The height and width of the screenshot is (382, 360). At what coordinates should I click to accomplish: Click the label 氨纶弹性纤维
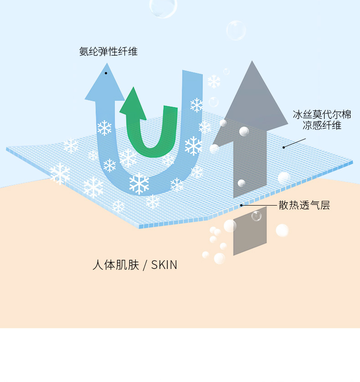pos(108,52)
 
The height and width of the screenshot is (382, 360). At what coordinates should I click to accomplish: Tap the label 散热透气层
pos(304,206)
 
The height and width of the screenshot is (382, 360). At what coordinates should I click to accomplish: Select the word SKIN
pos(164,265)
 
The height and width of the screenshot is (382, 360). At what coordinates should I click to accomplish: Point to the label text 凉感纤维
pos(322,125)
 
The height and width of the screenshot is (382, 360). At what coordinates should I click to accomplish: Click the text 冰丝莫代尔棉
pos(322,114)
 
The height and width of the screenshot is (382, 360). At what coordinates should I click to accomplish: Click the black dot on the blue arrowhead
pos(106,73)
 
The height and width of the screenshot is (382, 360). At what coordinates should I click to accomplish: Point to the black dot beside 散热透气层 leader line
pos(242,205)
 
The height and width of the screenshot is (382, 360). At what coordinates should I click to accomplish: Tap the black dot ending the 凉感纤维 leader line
pos(283,147)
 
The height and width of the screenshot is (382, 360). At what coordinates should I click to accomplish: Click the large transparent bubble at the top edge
pos(163,6)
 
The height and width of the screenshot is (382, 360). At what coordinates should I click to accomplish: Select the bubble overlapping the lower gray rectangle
pos(257,216)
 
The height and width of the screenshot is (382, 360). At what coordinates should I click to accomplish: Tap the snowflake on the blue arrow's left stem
pos(104,128)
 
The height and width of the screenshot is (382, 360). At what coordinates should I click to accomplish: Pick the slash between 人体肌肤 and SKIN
pos(145,265)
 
